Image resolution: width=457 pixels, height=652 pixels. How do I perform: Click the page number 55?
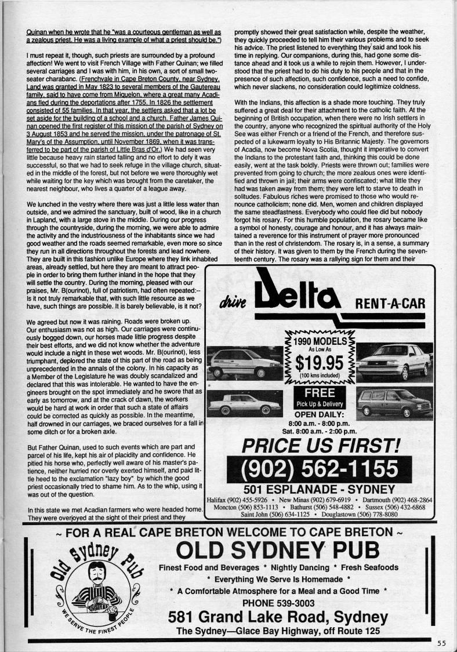442,642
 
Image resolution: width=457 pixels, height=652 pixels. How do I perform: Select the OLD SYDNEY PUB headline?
278,549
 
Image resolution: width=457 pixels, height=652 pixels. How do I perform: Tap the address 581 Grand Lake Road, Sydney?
278,617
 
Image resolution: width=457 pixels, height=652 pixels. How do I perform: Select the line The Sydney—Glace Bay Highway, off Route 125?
278,631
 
